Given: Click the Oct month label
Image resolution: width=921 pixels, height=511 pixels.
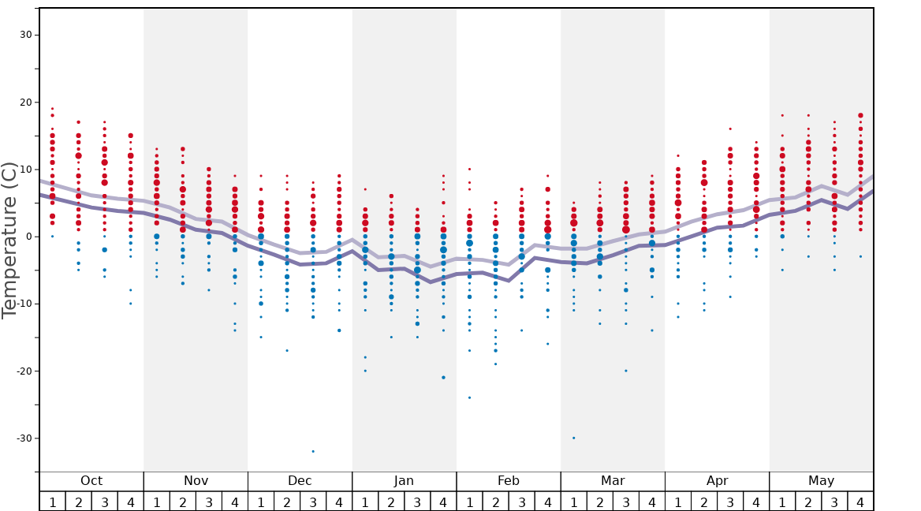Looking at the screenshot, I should tap(91, 481).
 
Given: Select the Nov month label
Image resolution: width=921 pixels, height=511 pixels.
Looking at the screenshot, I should tap(196, 481).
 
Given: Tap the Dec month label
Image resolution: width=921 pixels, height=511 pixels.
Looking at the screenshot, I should tap(300, 481).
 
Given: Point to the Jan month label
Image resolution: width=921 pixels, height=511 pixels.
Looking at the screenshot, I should tap(404, 481).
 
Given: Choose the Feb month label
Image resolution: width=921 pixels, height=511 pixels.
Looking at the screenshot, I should tap(508, 481).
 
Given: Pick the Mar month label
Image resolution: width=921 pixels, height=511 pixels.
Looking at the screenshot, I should tap(613, 481).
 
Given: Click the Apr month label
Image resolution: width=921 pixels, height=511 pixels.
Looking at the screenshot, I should tap(717, 481).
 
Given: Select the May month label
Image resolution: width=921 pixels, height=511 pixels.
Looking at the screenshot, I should tap(821, 481).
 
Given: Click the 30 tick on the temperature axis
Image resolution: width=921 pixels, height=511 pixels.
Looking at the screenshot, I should tap(26, 35).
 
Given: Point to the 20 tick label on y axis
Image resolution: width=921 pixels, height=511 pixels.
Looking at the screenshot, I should tap(26, 103).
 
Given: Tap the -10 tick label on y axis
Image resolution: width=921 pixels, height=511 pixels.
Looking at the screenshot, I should tap(24, 304).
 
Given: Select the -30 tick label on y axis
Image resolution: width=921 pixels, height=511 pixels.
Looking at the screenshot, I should tap(24, 438).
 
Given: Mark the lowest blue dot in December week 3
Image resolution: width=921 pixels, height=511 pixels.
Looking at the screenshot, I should tap(313, 451).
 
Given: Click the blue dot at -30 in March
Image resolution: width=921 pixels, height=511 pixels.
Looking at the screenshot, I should tap(573, 438).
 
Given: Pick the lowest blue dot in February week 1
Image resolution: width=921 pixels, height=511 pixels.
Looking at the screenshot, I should tap(469, 397).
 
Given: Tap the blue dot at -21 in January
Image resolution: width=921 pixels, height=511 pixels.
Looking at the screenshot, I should tap(443, 378).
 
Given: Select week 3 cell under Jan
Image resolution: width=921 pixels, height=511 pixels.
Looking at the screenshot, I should tap(417, 502).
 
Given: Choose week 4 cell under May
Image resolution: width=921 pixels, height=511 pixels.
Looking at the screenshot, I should tap(860, 502).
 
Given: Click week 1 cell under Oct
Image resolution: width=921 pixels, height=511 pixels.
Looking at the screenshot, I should tap(52, 502).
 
